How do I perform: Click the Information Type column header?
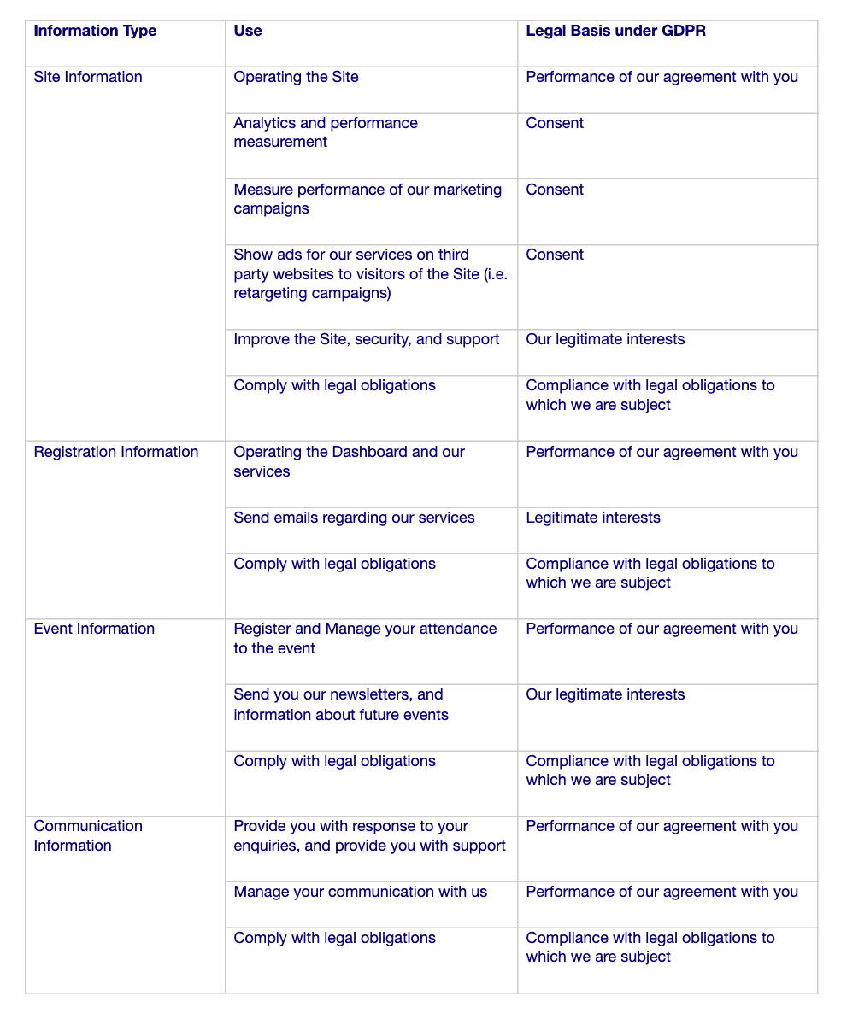point(95,32)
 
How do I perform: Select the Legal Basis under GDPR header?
point(615,32)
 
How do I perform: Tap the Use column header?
point(248,32)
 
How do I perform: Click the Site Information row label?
point(88,78)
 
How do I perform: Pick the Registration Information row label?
point(116,453)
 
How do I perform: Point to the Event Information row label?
point(94,629)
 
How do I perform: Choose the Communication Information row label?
point(88,836)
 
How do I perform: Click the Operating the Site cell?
point(296,78)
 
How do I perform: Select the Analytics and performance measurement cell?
point(326,132)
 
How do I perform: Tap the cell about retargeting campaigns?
point(370,274)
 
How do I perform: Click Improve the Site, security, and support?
point(366,340)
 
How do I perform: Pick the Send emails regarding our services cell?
point(354,518)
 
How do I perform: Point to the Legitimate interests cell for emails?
point(593,518)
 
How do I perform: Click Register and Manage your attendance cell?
point(365,639)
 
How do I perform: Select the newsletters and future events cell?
point(340,705)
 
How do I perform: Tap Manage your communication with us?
point(360,893)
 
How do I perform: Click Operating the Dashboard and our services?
point(349,462)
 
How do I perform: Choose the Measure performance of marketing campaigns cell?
point(368,199)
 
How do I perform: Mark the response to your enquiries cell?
point(369,836)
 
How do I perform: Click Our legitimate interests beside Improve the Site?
point(605,340)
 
